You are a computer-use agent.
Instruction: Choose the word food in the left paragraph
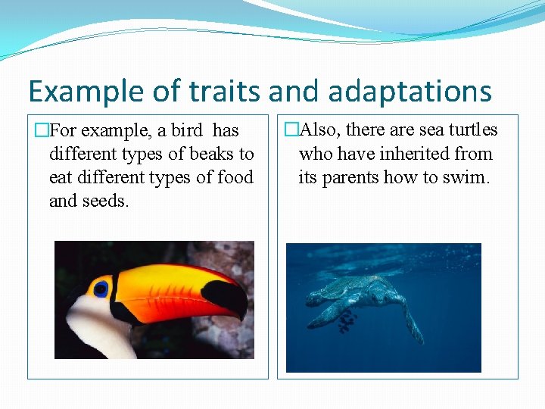[233, 177]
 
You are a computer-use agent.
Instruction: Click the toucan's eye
[101, 289]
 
